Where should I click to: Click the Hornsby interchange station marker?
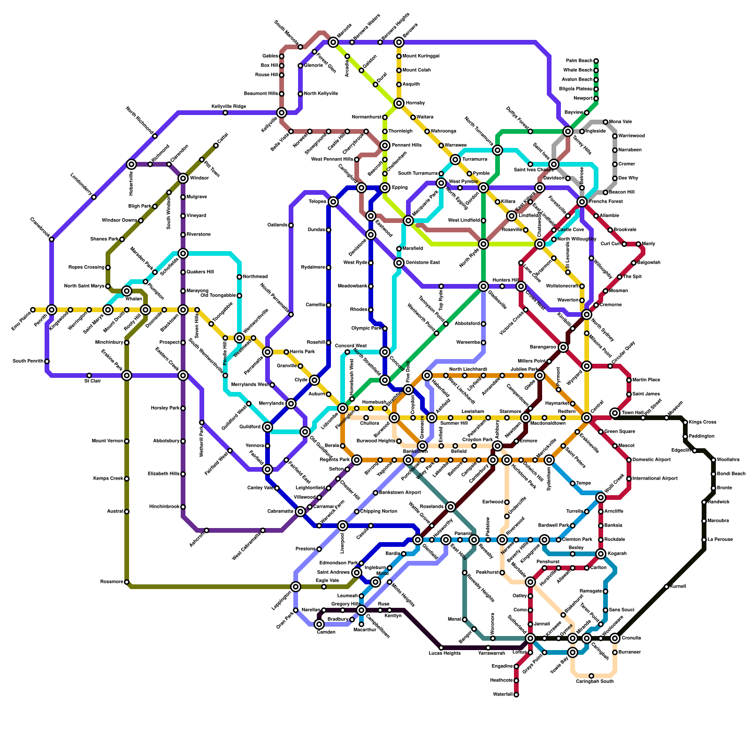(x=399, y=103)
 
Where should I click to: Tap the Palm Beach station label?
(x=579, y=61)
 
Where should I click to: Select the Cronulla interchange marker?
(x=615, y=638)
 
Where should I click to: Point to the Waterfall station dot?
(x=516, y=695)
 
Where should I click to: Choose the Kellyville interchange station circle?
(x=282, y=113)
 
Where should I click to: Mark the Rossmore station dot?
(x=127, y=582)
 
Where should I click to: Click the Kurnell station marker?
(x=667, y=587)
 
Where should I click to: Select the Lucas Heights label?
(x=444, y=653)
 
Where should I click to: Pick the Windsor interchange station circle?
(x=183, y=178)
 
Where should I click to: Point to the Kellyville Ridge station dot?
(x=225, y=113)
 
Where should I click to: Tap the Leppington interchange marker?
(x=296, y=587)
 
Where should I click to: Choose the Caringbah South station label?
(x=594, y=681)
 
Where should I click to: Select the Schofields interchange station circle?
(x=183, y=253)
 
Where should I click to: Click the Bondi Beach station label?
(x=731, y=474)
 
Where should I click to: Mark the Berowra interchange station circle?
(x=399, y=42)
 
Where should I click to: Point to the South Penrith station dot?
(x=47, y=361)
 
